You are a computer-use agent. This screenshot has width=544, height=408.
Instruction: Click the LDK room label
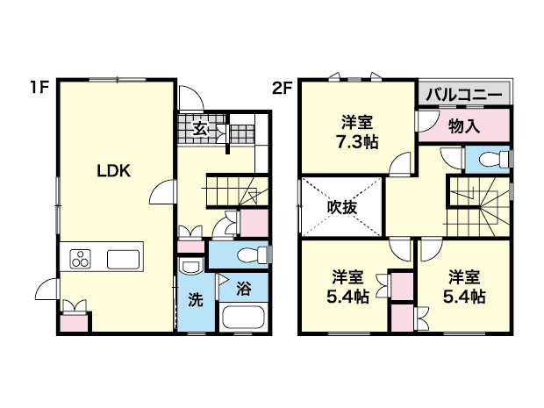click(x=113, y=171)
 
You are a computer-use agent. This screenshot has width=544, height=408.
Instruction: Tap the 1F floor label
click(x=39, y=88)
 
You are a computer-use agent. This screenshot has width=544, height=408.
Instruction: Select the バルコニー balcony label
click(x=464, y=95)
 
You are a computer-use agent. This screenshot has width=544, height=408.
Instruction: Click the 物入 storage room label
click(x=464, y=126)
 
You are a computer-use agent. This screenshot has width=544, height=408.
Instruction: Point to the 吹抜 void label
click(x=342, y=207)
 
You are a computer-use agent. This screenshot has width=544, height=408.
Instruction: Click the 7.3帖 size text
click(x=357, y=142)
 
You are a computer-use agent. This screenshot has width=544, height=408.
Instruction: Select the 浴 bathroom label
click(x=244, y=289)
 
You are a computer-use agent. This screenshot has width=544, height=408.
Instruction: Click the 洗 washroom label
click(x=196, y=299)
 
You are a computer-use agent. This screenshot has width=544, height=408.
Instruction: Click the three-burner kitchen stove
click(x=80, y=259)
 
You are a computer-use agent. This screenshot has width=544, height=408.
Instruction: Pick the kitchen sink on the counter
click(x=123, y=259)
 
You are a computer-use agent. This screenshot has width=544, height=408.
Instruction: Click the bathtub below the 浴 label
click(x=244, y=317)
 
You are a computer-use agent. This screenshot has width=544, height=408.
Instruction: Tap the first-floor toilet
click(x=253, y=255)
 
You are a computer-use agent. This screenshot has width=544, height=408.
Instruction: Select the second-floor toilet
click(x=494, y=160)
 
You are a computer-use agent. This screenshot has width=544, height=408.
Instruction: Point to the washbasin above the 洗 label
click(x=190, y=267)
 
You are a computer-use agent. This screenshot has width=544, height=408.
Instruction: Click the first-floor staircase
click(x=237, y=190)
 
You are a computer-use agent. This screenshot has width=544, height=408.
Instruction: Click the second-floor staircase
click(x=478, y=207)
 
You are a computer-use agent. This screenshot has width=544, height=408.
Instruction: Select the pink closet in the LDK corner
click(x=74, y=323)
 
